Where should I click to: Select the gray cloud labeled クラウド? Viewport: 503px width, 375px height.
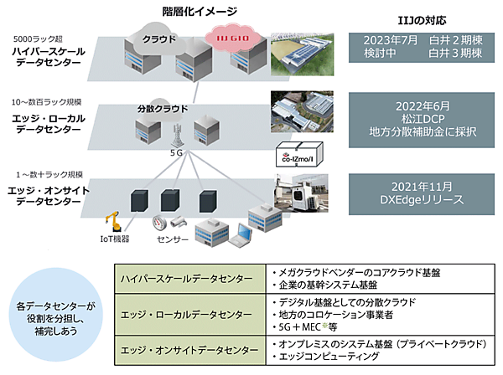tap(158, 40)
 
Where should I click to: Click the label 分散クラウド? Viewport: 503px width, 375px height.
tap(158, 108)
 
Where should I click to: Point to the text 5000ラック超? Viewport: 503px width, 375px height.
tap(36, 39)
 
